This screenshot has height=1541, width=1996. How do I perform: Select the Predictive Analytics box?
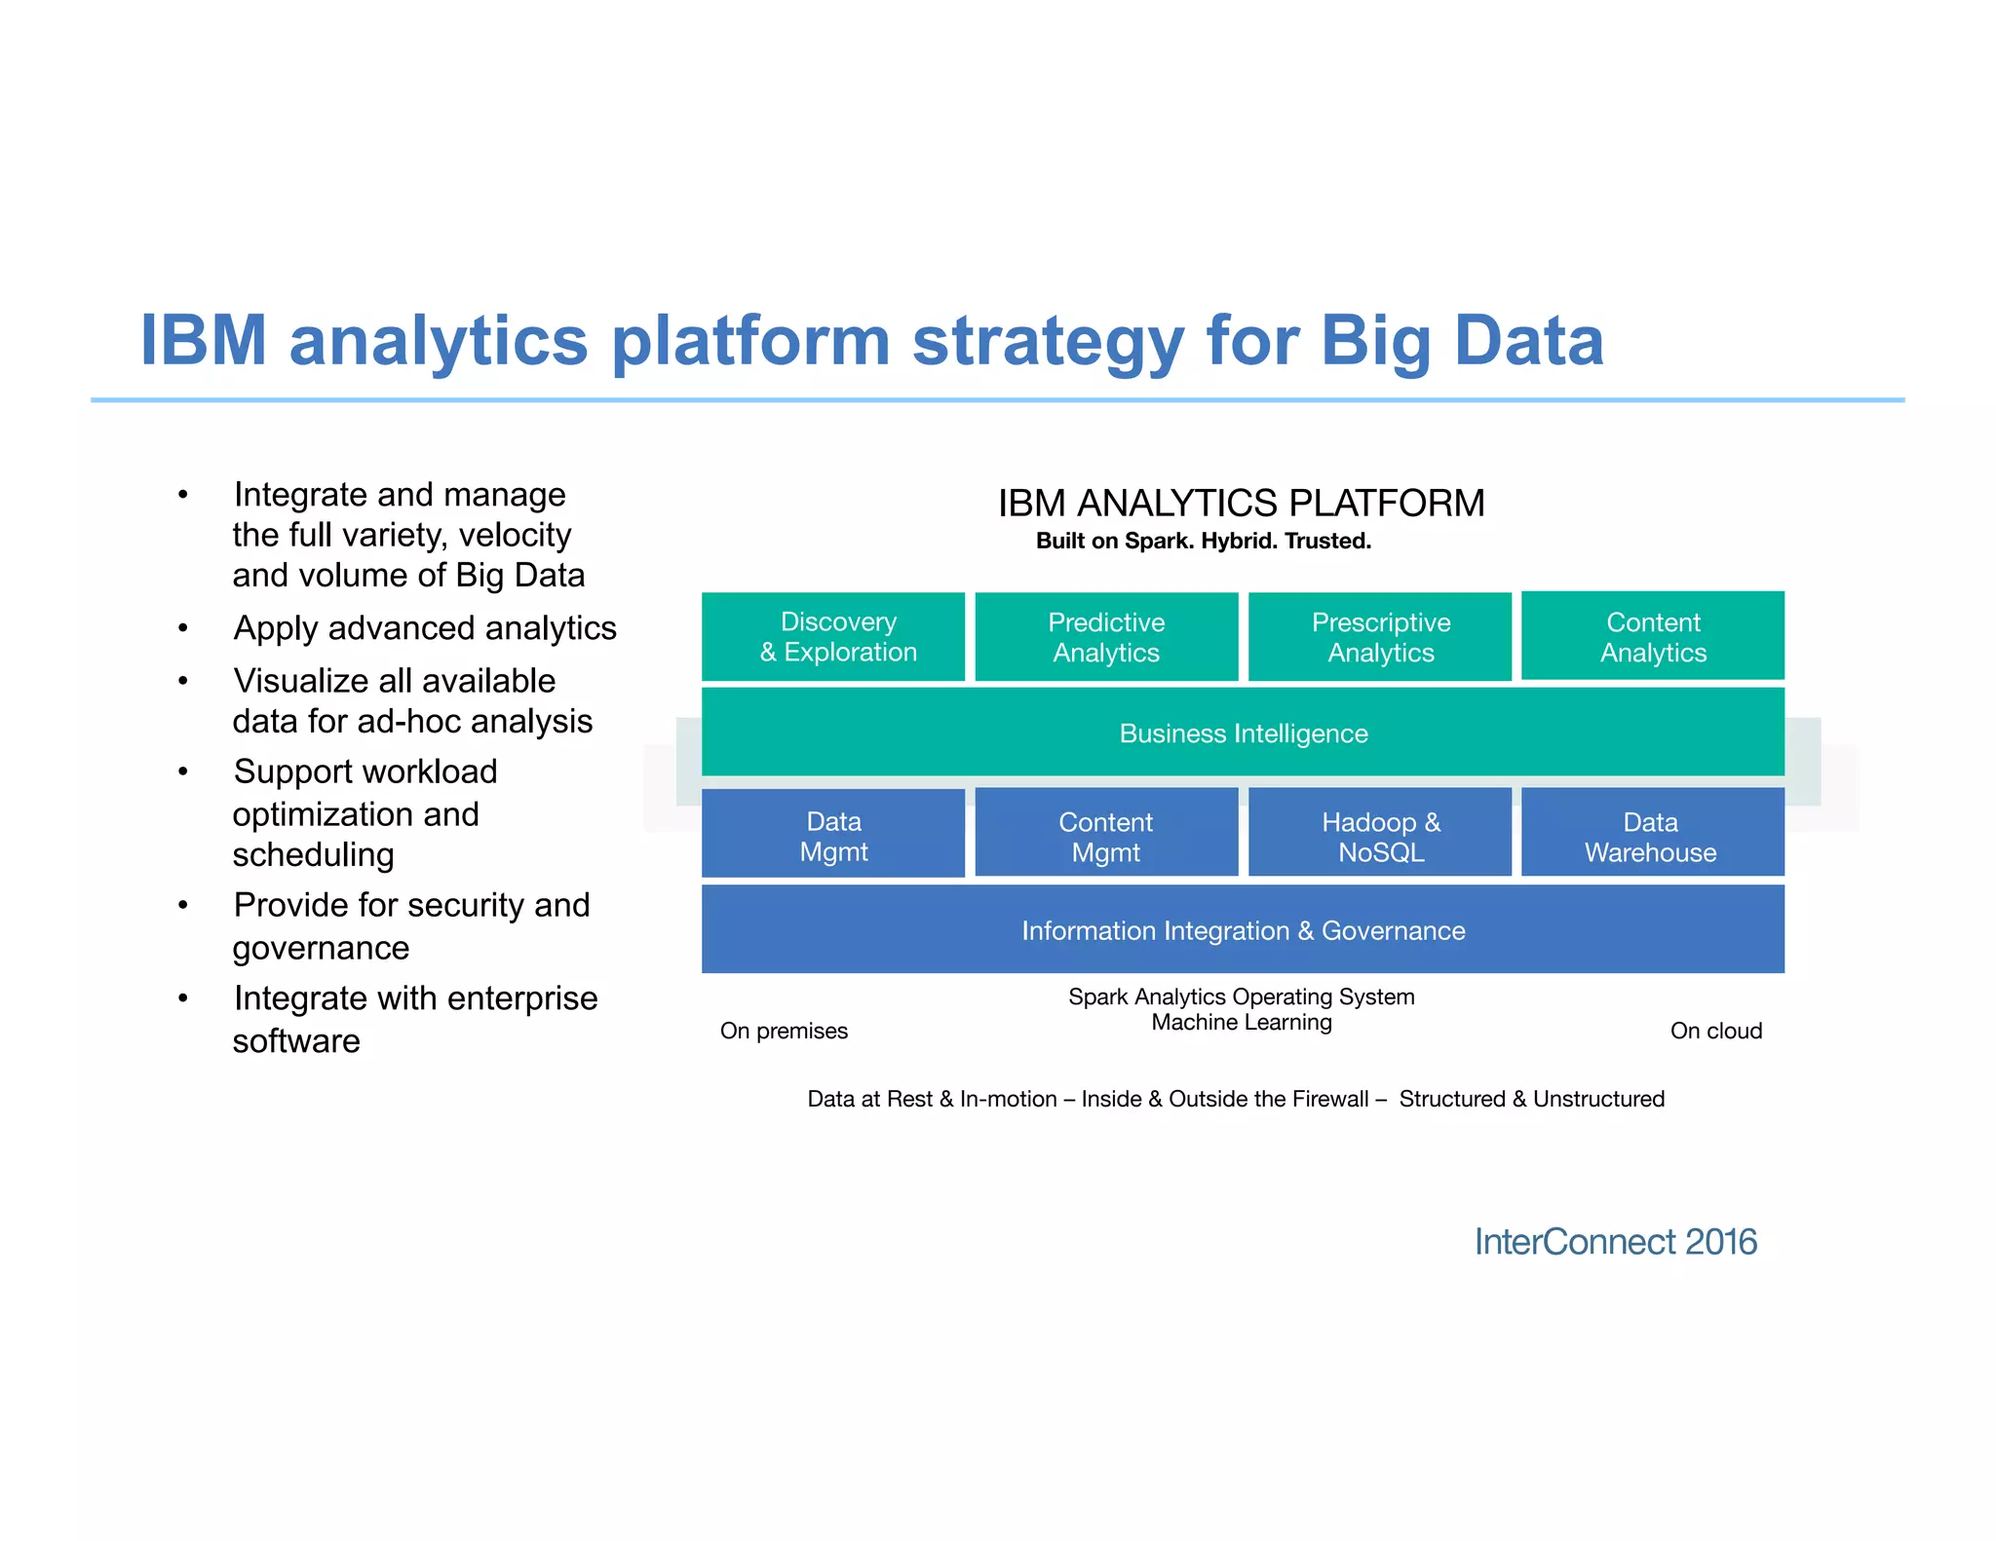pos(1106,636)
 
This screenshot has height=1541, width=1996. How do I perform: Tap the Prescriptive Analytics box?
pos(1380,636)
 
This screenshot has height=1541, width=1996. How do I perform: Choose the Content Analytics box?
pos(1653,636)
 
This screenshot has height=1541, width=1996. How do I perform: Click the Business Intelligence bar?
pos(1243,733)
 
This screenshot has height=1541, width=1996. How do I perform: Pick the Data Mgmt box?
pos(833,836)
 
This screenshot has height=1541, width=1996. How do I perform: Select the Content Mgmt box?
pos(1106,836)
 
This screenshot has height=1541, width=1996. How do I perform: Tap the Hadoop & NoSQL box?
pos(1380,836)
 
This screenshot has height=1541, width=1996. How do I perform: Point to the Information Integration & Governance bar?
pos(1243,930)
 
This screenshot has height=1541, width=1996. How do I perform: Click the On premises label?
pos(784,1031)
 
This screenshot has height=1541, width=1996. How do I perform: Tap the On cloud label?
pos(1715,1031)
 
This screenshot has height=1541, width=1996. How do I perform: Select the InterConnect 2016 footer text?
pos(1615,1242)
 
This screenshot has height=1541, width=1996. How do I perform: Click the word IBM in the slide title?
pos(203,341)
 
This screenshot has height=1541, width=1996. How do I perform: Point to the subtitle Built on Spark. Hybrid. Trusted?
pos(1203,541)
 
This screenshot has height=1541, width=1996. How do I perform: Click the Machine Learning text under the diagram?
pos(1241,1022)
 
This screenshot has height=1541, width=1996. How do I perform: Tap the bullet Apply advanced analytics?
pos(425,628)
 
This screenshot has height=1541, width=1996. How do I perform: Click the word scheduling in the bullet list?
pos(313,854)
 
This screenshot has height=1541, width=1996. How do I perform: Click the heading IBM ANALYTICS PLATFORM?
pos(1241,503)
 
